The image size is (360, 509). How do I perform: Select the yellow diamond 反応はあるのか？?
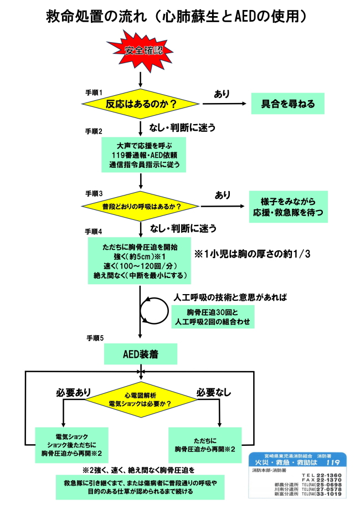(141, 104)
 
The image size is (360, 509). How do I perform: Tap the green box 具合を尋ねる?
(286, 104)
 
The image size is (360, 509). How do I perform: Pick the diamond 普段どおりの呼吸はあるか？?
(141, 207)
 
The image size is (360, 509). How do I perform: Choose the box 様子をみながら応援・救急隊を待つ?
(288, 207)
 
